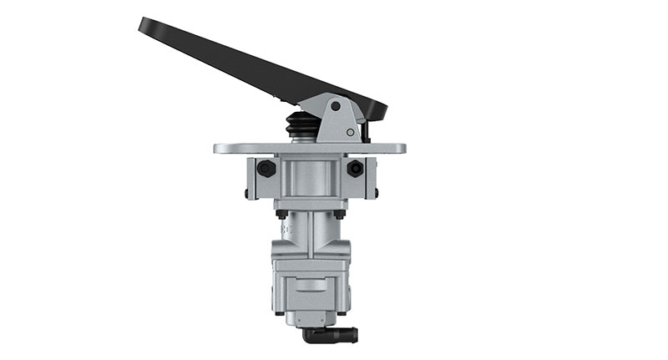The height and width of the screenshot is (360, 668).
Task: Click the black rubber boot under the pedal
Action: click(302, 128)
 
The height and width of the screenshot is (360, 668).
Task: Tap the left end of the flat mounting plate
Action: click(219, 149)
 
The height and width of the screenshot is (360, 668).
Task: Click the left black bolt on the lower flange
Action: click(281, 214)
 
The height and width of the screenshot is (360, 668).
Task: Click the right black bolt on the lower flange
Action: click(339, 214)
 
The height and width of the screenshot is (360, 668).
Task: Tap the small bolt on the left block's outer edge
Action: click(246, 195)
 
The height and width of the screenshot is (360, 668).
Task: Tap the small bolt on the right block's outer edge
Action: click(376, 195)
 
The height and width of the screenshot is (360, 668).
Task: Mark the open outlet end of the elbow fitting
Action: click(354, 335)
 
